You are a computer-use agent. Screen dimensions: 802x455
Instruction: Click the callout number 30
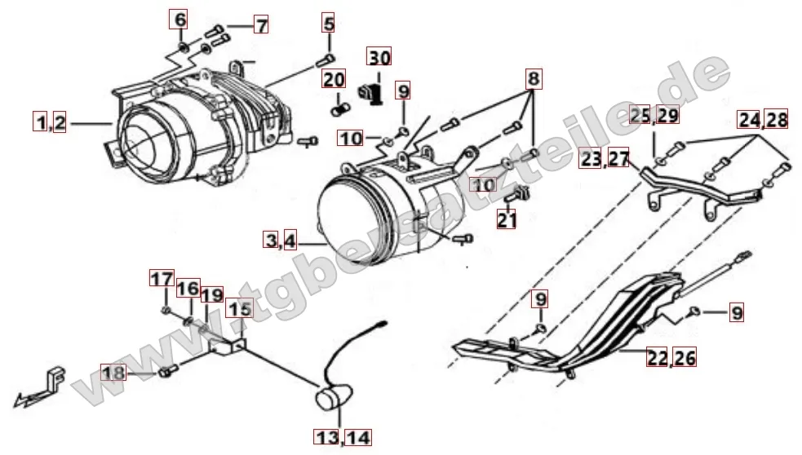tap(379, 57)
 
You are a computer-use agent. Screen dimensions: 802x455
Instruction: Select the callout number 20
tap(334, 79)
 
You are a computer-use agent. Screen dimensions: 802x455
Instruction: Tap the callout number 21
tap(507, 219)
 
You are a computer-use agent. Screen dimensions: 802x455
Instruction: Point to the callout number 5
tap(328, 23)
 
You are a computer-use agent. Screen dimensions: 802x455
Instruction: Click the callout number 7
tap(261, 24)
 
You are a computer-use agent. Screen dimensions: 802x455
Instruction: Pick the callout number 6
tap(179, 20)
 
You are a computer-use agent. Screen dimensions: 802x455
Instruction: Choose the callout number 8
tap(533, 79)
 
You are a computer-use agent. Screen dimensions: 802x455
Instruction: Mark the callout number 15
tap(239, 309)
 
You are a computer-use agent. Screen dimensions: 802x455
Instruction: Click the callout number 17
tap(162, 279)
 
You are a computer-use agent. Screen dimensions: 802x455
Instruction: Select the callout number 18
tap(113, 372)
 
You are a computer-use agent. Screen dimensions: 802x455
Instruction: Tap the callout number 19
tap(212, 295)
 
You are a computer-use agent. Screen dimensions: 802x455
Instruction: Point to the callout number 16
tap(188, 288)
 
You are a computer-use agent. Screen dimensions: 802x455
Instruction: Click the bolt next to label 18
tap(168, 371)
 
